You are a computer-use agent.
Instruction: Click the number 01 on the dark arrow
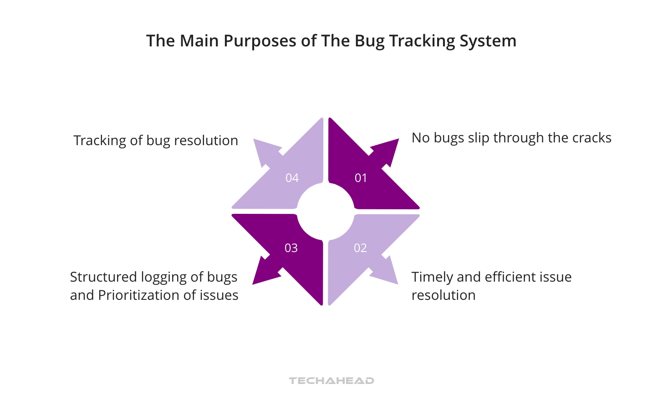(x=361, y=178)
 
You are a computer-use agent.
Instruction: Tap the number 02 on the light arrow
(x=360, y=248)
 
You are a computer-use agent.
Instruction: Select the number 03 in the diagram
(x=291, y=248)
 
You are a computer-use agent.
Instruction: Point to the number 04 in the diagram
(x=292, y=178)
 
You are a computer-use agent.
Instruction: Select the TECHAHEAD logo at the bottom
(x=331, y=381)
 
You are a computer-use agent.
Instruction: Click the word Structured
(x=103, y=277)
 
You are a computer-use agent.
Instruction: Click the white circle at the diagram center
(x=326, y=212)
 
